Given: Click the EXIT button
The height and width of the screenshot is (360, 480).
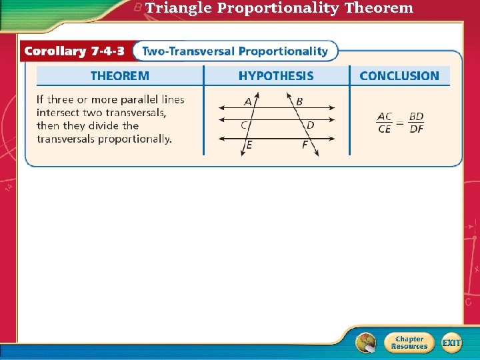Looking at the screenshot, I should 451,343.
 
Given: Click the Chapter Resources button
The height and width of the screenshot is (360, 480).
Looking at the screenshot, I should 409,343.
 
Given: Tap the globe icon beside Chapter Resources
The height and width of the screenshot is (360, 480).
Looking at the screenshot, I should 365,343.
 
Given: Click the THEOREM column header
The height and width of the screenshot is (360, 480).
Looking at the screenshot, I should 120,76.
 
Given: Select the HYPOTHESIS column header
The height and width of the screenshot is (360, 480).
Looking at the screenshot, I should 276,76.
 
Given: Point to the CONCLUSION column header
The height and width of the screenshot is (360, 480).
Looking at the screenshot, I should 399,76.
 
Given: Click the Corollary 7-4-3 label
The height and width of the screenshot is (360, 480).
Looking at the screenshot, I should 75,51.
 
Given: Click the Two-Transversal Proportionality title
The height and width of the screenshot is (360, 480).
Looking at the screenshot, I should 235,51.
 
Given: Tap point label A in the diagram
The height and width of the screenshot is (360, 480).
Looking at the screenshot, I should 248,101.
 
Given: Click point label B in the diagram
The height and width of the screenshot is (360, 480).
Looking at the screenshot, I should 299,101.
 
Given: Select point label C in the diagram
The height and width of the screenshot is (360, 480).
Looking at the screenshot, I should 244,125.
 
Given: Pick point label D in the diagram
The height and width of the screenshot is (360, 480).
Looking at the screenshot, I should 310,125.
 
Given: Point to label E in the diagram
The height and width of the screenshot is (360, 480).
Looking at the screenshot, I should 249,145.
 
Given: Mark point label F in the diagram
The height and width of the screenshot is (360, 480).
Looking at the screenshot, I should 305,145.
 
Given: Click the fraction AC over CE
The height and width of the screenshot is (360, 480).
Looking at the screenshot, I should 385,123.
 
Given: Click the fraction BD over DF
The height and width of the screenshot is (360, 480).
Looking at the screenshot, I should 416,123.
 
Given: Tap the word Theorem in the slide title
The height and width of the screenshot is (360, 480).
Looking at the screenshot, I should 379,8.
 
